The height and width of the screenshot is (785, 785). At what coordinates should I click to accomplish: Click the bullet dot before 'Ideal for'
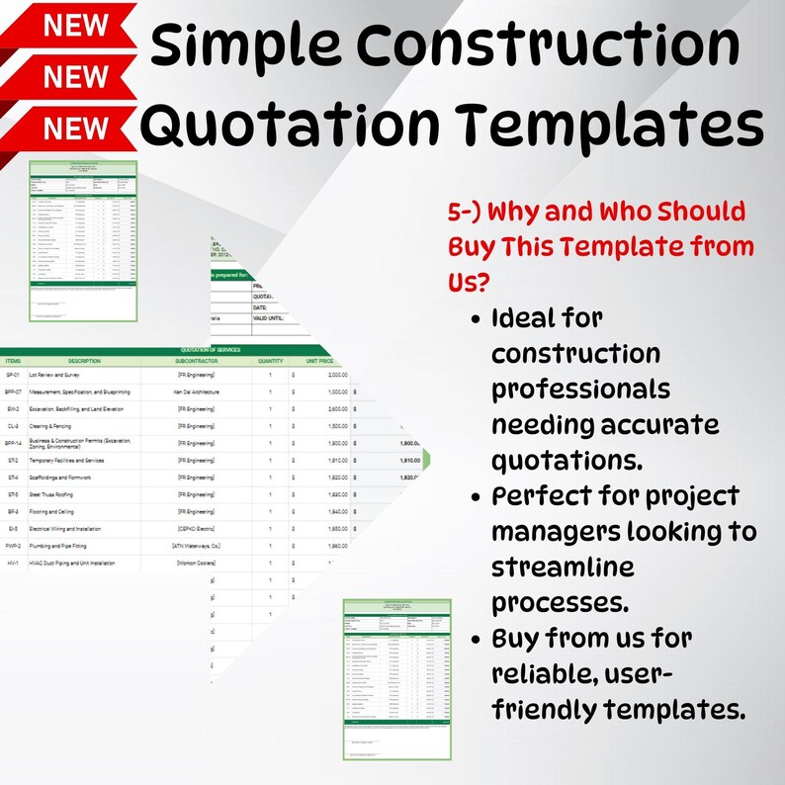tap(478, 319)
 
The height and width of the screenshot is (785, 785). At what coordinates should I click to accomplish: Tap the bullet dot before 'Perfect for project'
tap(478, 495)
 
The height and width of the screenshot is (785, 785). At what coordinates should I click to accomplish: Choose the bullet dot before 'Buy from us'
tap(478, 638)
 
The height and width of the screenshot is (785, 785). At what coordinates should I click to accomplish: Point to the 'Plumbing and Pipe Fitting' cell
tap(67, 546)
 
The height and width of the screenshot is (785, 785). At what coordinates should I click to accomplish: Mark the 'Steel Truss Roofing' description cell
tap(56, 494)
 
